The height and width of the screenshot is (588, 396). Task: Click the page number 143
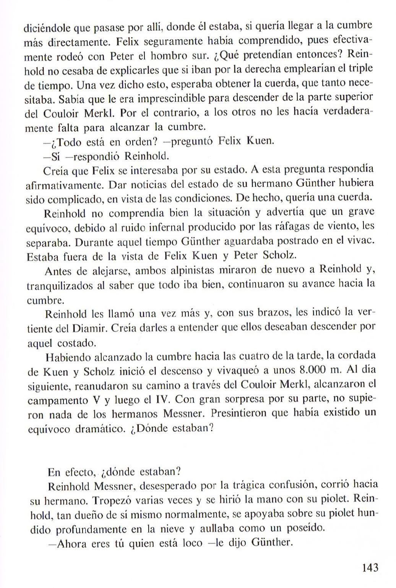click(x=370, y=567)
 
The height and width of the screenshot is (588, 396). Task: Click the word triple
click(x=361, y=69)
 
